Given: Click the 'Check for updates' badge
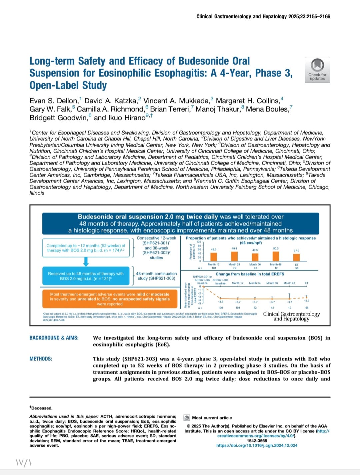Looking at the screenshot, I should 317,70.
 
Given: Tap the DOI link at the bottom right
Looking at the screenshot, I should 257,445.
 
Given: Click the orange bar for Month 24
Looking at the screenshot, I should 234,256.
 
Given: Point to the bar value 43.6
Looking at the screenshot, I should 214,249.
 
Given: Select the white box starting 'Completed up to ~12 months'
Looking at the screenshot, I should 86,248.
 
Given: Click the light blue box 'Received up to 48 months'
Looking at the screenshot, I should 86,276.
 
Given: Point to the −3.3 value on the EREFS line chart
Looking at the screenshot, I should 306,301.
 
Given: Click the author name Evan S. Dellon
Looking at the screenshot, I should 54,101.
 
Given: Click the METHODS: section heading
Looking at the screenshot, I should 41,359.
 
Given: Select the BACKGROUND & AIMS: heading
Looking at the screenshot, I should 54,338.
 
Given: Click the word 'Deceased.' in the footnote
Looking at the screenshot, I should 42,408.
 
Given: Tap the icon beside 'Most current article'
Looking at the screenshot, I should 187,418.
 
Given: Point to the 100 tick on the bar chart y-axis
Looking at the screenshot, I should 199,242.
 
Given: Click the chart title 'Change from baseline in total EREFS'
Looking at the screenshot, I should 250,274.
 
